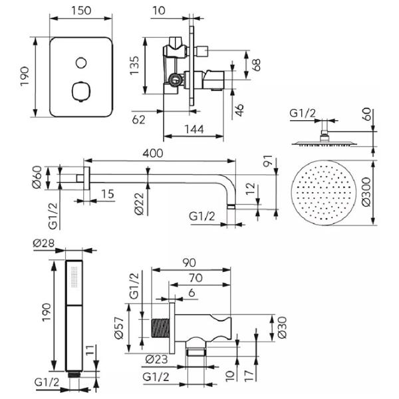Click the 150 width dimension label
81,11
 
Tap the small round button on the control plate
81,63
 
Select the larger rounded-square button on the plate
81,91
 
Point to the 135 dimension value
134,65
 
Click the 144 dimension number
194,129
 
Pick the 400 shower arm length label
153,154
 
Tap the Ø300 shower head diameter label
366,192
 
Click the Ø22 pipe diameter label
140,204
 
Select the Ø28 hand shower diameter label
44,243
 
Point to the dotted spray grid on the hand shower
74,277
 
